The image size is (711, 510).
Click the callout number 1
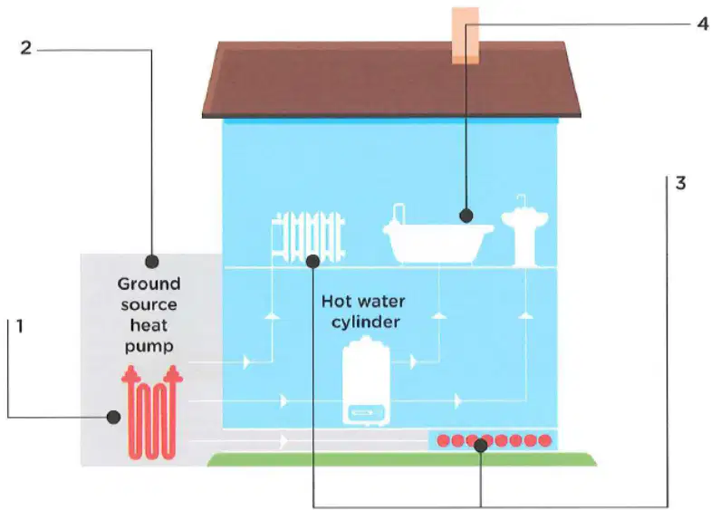coord(19,326)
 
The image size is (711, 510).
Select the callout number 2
coord(26,48)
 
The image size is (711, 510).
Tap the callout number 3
coord(680,183)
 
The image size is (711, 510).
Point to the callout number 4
coord(702,24)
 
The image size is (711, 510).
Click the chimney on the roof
coord(466,35)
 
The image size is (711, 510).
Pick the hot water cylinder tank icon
coord(366,380)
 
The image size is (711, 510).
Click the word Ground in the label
coord(149,284)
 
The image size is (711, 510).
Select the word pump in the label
coord(149,347)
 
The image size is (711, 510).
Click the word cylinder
coord(366,322)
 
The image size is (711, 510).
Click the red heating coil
coord(152,412)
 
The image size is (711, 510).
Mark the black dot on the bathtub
coord(466,216)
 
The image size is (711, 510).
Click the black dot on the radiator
coord(312,261)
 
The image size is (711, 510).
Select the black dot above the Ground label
coord(151,262)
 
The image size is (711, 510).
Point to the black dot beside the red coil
coord(113,417)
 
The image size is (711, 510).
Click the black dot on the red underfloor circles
coord(481,446)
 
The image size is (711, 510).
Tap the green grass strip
coord(402,459)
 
